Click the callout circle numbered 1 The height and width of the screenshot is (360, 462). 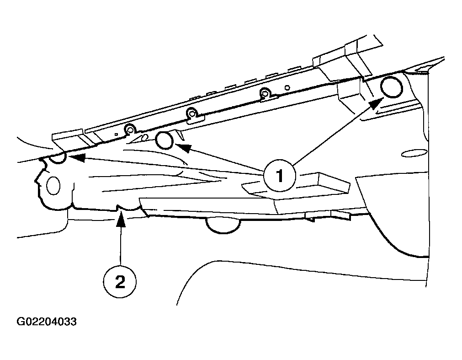tap(279, 176)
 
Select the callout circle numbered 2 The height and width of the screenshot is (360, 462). tap(120, 282)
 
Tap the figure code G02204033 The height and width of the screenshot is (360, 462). tap(47, 322)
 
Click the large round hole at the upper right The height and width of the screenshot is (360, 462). tap(391, 87)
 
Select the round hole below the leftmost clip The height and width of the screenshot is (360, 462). tap(165, 140)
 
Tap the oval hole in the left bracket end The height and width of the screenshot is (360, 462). tap(53, 185)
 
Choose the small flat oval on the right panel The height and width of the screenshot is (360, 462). tap(415, 154)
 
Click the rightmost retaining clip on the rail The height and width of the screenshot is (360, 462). tap(267, 95)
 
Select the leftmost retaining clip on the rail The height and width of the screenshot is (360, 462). tap(130, 130)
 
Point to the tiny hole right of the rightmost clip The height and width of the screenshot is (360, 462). tap(287, 87)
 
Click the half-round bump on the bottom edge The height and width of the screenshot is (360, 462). tap(223, 226)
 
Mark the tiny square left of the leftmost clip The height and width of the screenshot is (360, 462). tap(117, 134)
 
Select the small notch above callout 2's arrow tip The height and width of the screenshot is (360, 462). tap(119, 208)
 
